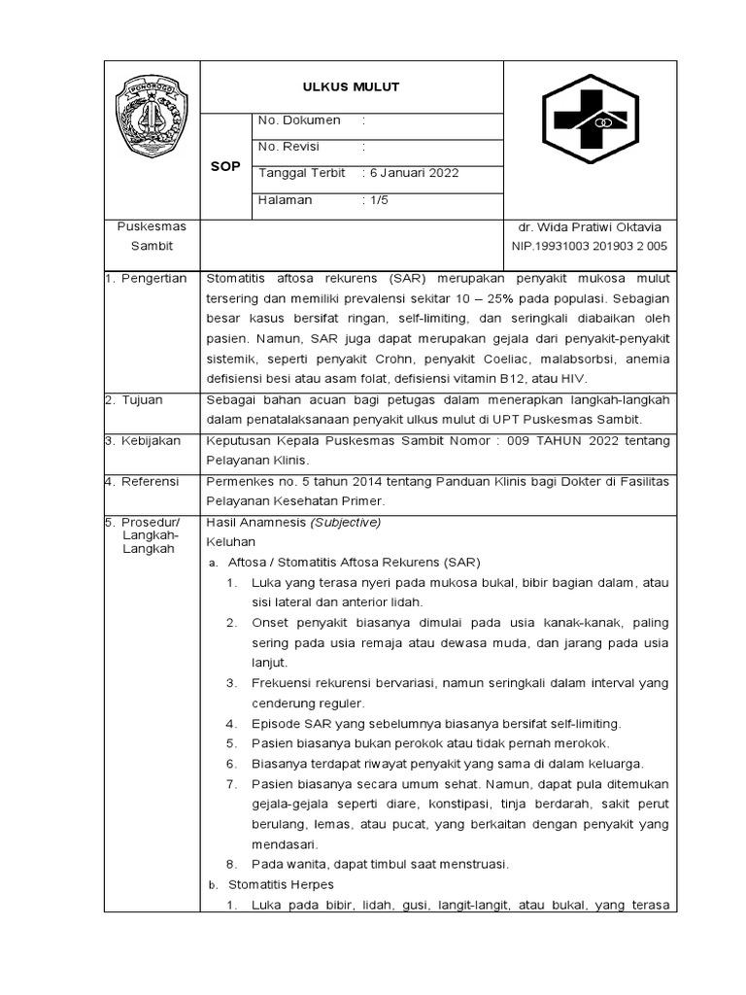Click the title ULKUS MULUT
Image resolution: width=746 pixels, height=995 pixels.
[x=352, y=87]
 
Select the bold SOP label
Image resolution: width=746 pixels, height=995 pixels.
[x=225, y=166]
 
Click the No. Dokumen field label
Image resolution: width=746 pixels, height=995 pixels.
[x=299, y=120]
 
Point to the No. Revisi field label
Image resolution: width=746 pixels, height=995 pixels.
[x=288, y=147]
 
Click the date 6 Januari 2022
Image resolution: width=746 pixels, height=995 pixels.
[x=411, y=173]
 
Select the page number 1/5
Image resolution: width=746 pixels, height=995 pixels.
[x=374, y=200]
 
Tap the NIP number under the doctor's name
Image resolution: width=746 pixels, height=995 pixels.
[x=590, y=247]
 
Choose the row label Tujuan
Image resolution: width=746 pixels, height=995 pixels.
[x=142, y=399]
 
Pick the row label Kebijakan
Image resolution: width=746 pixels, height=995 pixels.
[x=150, y=440]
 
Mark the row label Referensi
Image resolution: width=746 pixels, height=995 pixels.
[x=150, y=481]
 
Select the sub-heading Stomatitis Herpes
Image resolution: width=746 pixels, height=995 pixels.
[x=281, y=884]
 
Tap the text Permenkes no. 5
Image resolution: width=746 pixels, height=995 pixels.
[x=254, y=481]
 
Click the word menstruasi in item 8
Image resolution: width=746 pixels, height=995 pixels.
[x=472, y=864]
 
